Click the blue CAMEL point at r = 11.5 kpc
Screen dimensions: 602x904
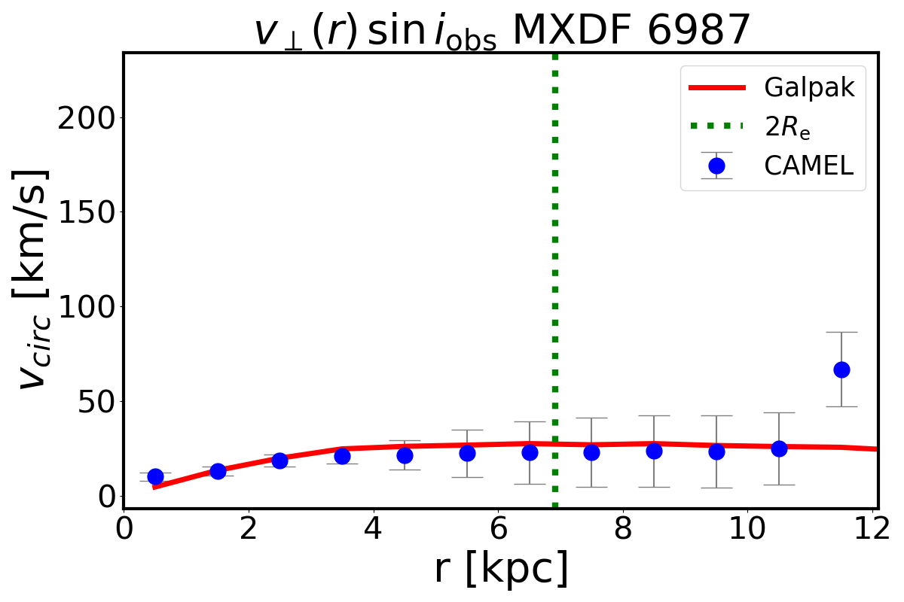click(841, 369)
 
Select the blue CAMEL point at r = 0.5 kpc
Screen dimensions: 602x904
click(155, 476)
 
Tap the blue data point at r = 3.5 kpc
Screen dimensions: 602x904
click(342, 456)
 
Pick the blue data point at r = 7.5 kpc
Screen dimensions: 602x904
click(591, 452)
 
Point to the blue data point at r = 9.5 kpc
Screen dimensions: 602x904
click(716, 451)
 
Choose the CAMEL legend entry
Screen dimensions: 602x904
click(808, 166)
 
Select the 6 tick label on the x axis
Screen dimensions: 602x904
click(498, 526)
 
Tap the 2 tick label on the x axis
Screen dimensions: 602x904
click(249, 526)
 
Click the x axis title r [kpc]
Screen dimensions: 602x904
click(501, 570)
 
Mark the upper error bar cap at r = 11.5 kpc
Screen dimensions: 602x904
click(841, 332)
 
